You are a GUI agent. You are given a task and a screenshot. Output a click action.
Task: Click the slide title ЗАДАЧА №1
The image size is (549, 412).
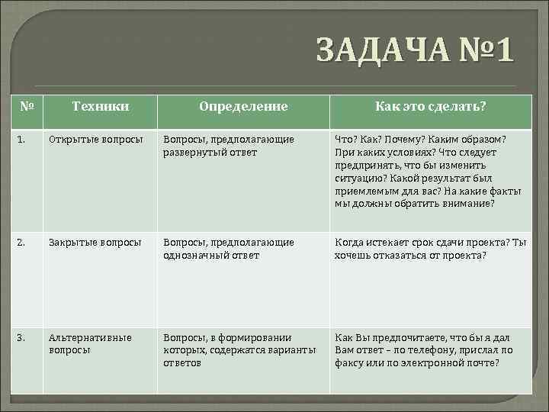[416, 52]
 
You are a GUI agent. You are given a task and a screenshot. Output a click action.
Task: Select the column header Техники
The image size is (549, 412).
[100, 107]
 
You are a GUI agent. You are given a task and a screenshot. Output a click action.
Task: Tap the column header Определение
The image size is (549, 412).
[243, 107]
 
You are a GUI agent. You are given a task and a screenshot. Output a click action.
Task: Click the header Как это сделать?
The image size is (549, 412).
[430, 107]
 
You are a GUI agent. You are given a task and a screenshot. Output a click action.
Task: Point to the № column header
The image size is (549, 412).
[27, 106]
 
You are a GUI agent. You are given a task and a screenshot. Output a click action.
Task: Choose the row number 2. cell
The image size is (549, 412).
[22, 243]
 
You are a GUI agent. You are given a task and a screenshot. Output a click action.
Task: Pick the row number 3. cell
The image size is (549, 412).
[22, 337]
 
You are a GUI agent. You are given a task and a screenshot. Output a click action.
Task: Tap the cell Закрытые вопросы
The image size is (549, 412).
[95, 243]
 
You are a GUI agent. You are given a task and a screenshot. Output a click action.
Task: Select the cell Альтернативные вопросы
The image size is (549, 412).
[90, 343]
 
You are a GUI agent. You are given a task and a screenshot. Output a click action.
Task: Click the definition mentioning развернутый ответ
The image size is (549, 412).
[229, 145]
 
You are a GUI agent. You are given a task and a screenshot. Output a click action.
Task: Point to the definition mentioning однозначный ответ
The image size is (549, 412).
[229, 249]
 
